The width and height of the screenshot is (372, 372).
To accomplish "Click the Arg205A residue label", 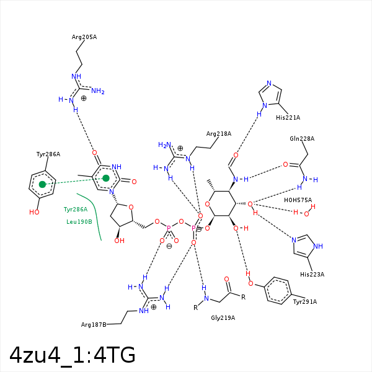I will [x=84, y=37].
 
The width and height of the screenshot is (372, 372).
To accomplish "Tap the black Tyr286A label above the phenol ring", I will [x=48, y=154].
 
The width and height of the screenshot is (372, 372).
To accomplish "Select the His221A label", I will [x=288, y=117].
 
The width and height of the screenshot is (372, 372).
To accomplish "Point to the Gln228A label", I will [x=302, y=139].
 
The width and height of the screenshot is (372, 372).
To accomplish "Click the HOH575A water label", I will [x=298, y=200].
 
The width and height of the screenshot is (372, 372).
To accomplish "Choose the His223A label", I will [x=312, y=274].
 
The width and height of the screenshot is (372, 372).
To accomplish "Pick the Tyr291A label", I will [x=304, y=302].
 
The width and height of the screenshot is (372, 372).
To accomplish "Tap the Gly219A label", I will [x=223, y=318].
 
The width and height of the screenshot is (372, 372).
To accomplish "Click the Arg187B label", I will [x=94, y=324].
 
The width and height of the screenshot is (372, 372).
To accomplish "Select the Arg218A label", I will [x=218, y=133].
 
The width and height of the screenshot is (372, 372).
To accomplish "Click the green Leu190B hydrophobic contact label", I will [x=79, y=221].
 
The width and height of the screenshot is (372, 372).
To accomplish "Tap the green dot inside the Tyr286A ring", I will [x=42, y=184].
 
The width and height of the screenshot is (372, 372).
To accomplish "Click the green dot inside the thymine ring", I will [x=106, y=179].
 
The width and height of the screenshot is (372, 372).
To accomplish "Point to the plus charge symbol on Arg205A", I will [x=84, y=98].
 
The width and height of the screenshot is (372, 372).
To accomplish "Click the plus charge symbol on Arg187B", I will [x=154, y=306].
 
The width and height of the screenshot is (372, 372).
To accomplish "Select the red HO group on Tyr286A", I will [x=34, y=212].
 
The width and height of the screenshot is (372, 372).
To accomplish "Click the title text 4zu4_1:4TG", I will [x=73, y=355].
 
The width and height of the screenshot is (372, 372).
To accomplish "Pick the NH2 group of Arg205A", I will [x=98, y=92].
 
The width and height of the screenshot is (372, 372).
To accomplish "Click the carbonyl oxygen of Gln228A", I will [x=286, y=165].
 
